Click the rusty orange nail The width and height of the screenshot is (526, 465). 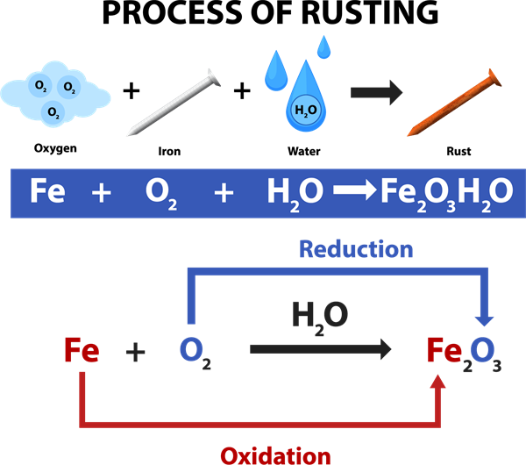point(453,107)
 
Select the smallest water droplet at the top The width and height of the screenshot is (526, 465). point(324,46)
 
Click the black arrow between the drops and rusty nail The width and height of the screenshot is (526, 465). point(376,92)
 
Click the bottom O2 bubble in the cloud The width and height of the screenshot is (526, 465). point(53,111)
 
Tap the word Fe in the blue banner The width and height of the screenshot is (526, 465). point(46,191)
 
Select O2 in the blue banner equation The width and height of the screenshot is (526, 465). point(162,192)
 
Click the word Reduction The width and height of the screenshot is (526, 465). point(355,249)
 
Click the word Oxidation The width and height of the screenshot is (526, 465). point(275,454)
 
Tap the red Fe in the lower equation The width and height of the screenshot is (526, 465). point(82,352)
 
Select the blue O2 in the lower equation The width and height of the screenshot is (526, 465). point(194,352)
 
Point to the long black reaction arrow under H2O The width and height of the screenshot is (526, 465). point(321,349)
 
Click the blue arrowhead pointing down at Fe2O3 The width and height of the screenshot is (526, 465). point(484,319)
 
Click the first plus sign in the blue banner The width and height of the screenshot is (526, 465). point(102,192)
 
